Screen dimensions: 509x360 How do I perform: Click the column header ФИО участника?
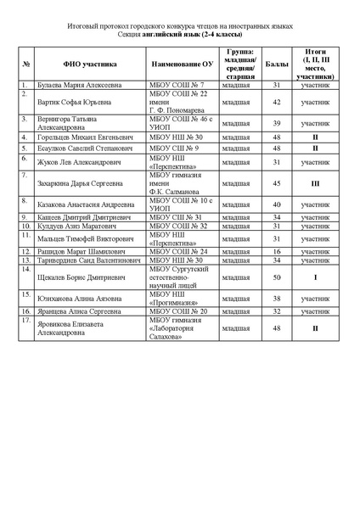pos(89,64)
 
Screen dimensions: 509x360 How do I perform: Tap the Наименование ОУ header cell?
pos(182,64)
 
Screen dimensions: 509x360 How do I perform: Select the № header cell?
pos(27,64)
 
